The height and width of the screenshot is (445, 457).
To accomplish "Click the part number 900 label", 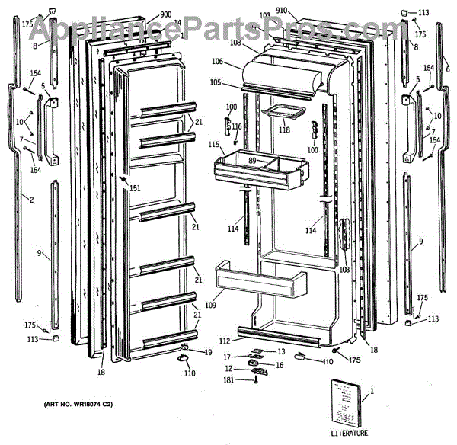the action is point(166,15).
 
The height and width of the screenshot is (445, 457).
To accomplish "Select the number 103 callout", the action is point(265,16).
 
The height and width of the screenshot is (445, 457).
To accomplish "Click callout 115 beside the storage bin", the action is point(214,145).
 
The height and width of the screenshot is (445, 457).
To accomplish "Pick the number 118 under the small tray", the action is point(284,130).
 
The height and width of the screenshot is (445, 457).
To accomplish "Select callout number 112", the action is point(225,341).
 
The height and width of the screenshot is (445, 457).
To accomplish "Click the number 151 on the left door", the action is point(135,187).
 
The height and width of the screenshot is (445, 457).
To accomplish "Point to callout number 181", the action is point(227,379).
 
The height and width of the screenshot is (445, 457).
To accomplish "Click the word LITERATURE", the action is point(350,433).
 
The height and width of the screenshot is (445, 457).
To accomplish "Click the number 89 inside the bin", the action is point(252,160).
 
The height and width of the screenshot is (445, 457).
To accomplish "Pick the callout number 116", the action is point(237,126).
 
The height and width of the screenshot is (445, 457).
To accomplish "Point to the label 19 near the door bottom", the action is point(207,351).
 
